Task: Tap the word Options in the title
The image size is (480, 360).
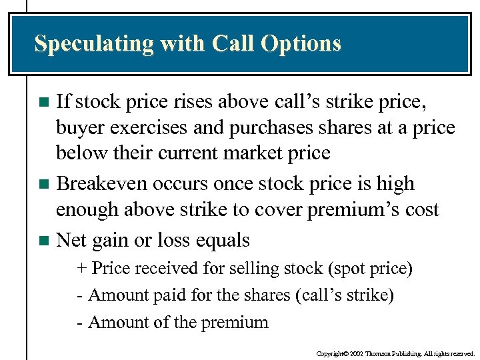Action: (301, 44)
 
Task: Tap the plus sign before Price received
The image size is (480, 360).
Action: (82, 269)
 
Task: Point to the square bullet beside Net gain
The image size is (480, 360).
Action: (44, 241)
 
